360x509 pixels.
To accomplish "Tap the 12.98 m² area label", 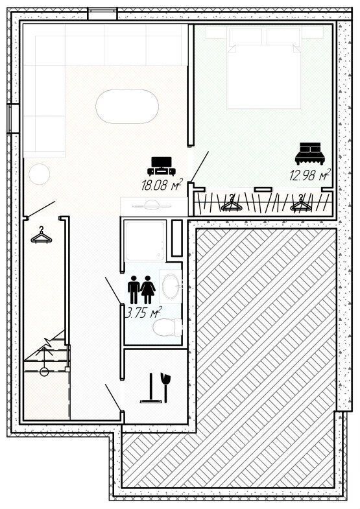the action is (x=310, y=174).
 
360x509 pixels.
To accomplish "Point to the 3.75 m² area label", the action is (x=143, y=313).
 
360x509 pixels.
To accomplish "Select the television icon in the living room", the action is (x=162, y=166).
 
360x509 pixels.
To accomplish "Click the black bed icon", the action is (x=309, y=154).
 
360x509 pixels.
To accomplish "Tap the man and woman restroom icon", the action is (x=141, y=290).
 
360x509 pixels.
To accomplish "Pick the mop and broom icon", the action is (x=156, y=388).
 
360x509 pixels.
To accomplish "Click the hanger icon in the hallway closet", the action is (x=42, y=235).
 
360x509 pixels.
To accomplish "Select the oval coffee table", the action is (x=127, y=106).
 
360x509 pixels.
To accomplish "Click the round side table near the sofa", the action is (x=40, y=174).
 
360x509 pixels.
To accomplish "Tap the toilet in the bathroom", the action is (x=167, y=327).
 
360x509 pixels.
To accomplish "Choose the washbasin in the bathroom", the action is (x=171, y=287).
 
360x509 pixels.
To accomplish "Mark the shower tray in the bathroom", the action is (x=145, y=241).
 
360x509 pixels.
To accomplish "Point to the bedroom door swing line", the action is (x=200, y=166).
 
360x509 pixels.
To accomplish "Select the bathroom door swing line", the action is (x=114, y=290).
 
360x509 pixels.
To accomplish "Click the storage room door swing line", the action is (x=114, y=397).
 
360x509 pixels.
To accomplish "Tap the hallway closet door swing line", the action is (x=42, y=209).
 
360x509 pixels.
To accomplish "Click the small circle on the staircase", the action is (x=44, y=372).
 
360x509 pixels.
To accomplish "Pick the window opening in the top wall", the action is (x=102, y=14).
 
